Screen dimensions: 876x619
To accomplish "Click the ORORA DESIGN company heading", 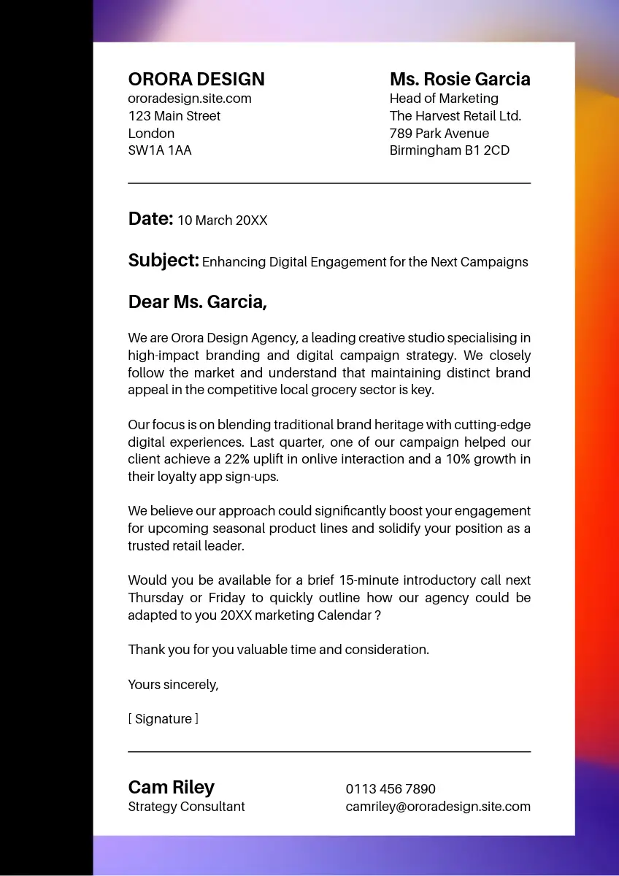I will [x=196, y=80].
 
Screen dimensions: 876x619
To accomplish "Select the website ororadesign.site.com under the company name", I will [x=190, y=99].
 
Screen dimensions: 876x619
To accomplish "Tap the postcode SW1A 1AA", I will [x=160, y=150].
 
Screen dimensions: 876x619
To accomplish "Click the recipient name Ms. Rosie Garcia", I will [x=460, y=80].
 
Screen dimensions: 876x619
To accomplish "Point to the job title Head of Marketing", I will [x=444, y=99].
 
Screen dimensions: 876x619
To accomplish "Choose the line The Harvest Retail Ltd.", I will [x=455, y=116].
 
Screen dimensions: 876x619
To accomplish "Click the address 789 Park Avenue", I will [x=439, y=134].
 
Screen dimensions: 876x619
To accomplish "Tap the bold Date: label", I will [x=150, y=219].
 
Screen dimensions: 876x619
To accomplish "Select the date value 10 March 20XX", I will [x=223, y=220].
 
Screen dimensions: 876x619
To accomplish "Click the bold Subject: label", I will [x=164, y=261].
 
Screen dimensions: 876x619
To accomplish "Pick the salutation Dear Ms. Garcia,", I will [x=198, y=302].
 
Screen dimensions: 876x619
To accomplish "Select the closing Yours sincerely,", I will [x=173, y=685].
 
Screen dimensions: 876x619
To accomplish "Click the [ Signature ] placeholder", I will [x=164, y=719].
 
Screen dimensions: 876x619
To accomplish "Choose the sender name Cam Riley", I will [x=172, y=788].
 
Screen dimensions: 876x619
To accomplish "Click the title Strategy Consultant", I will [x=186, y=807].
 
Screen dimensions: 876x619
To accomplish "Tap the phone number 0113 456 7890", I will [x=391, y=789].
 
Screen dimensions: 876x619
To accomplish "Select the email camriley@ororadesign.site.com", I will [x=438, y=807].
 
